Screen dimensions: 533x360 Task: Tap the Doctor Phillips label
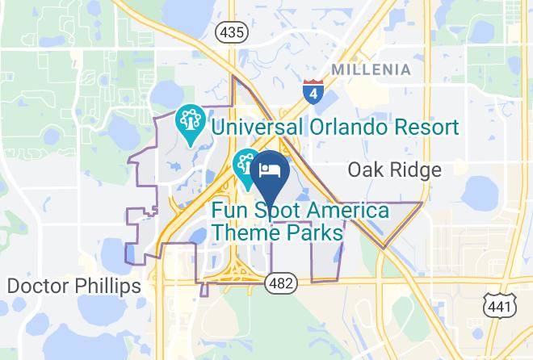pos(73,286)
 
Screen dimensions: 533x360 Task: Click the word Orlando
pos(339,127)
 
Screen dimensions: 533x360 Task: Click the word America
pos(345,211)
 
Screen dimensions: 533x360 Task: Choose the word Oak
pos(364,170)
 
